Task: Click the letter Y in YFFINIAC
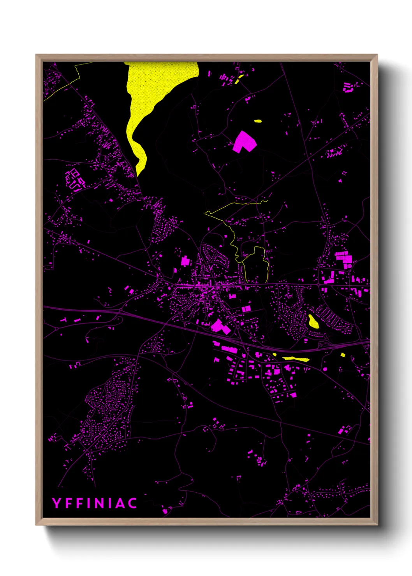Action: (57, 503)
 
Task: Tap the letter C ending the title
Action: (132, 503)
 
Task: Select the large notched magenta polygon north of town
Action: (244, 142)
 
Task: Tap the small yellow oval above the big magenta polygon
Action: (258, 121)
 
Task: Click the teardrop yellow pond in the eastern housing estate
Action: (313, 321)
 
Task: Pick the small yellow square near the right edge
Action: (343, 355)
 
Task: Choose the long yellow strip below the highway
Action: (296, 358)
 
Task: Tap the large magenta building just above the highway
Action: (219, 326)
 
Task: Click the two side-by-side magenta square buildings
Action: (246, 309)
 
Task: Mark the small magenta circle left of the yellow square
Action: (325, 369)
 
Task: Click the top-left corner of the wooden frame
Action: (36, 55)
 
